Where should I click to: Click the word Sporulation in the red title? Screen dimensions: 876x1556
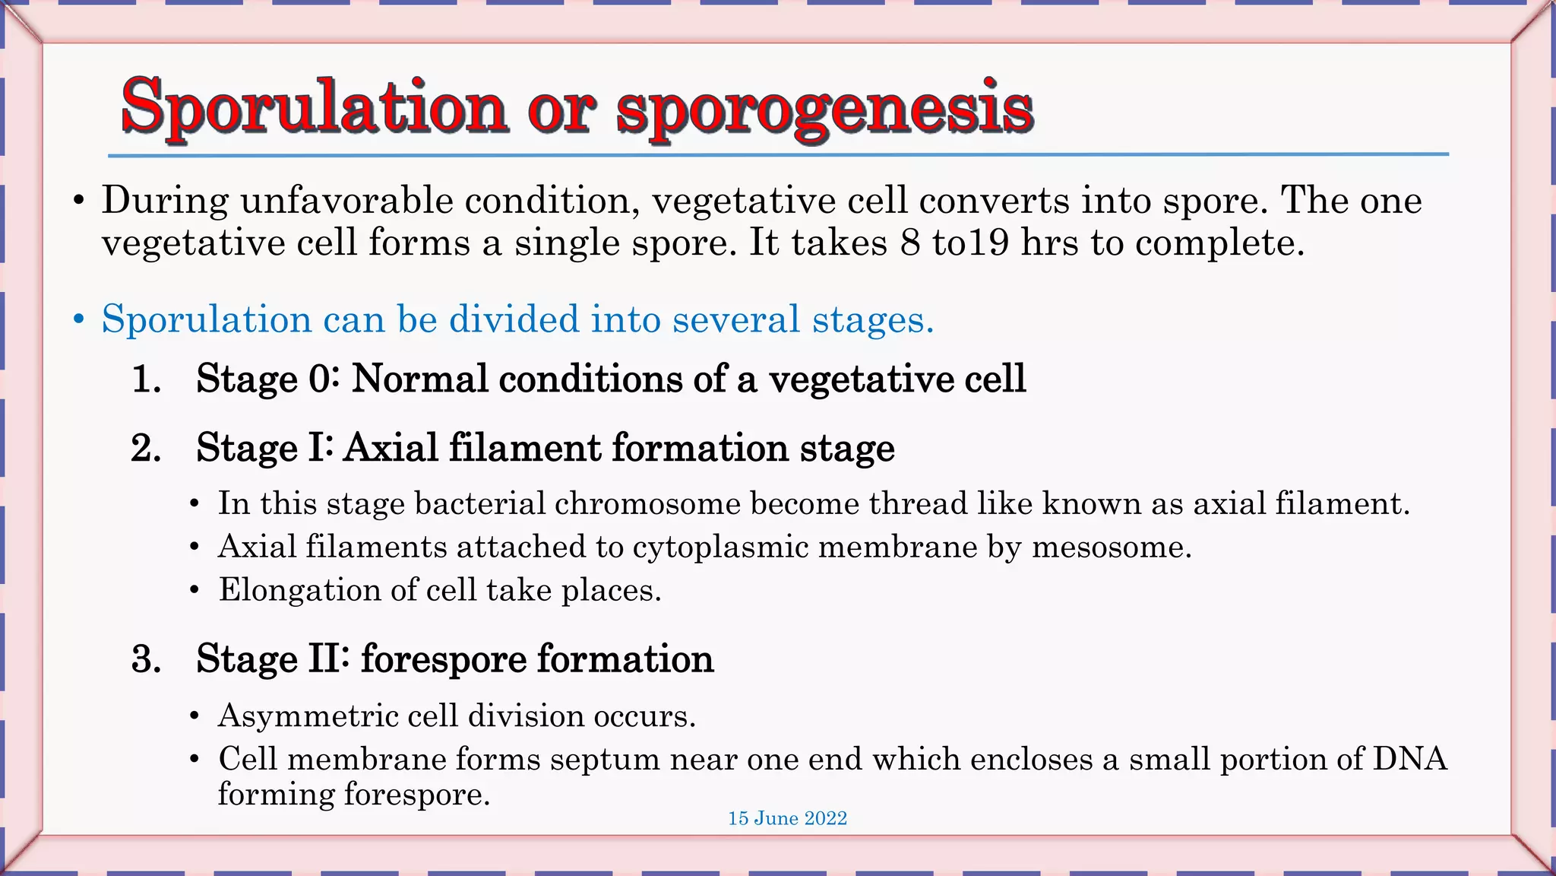(313, 106)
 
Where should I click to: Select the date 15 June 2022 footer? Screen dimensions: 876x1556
(787, 818)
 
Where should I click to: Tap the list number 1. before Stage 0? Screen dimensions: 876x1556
(146, 379)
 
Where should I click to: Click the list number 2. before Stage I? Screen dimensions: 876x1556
(146, 448)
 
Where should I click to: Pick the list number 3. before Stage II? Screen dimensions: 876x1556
(146, 659)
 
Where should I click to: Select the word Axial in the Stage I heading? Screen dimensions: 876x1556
(391, 447)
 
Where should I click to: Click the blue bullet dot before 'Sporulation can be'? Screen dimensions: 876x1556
(79, 320)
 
